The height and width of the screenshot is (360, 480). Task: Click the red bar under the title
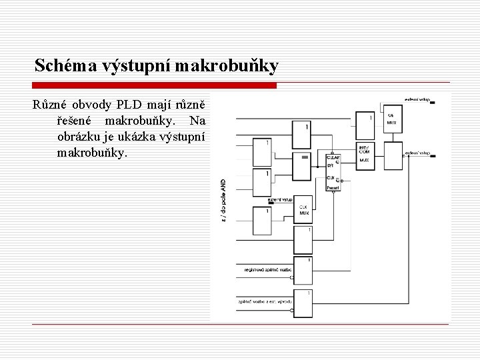[155, 85]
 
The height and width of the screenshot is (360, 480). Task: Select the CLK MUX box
[305, 211]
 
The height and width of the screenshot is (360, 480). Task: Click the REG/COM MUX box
[366, 155]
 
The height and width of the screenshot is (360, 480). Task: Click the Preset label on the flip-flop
[333, 189]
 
